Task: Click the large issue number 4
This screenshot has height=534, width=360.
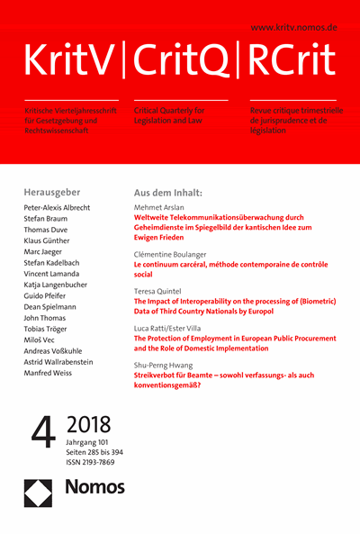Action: tap(42, 439)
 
